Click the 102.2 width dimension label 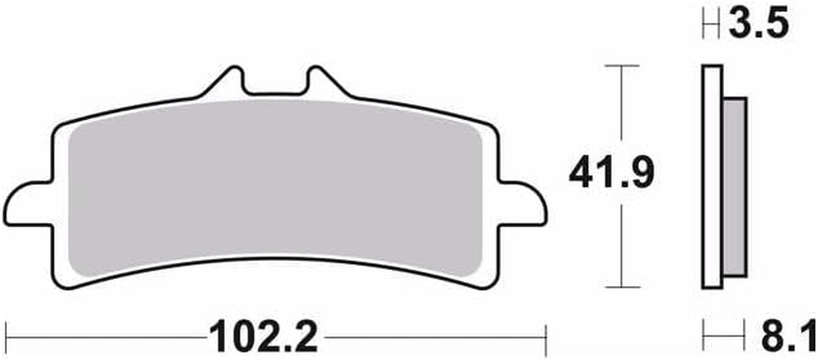pyautogui.click(x=263, y=337)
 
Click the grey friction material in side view pyautogui.click(x=735, y=187)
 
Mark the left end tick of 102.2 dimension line pyautogui.click(x=6, y=337)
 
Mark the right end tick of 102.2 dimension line pyautogui.click(x=546, y=337)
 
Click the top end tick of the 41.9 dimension pyautogui.click(x=622, y=66)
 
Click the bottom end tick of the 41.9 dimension pyautogui.click(x=622, y=287)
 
